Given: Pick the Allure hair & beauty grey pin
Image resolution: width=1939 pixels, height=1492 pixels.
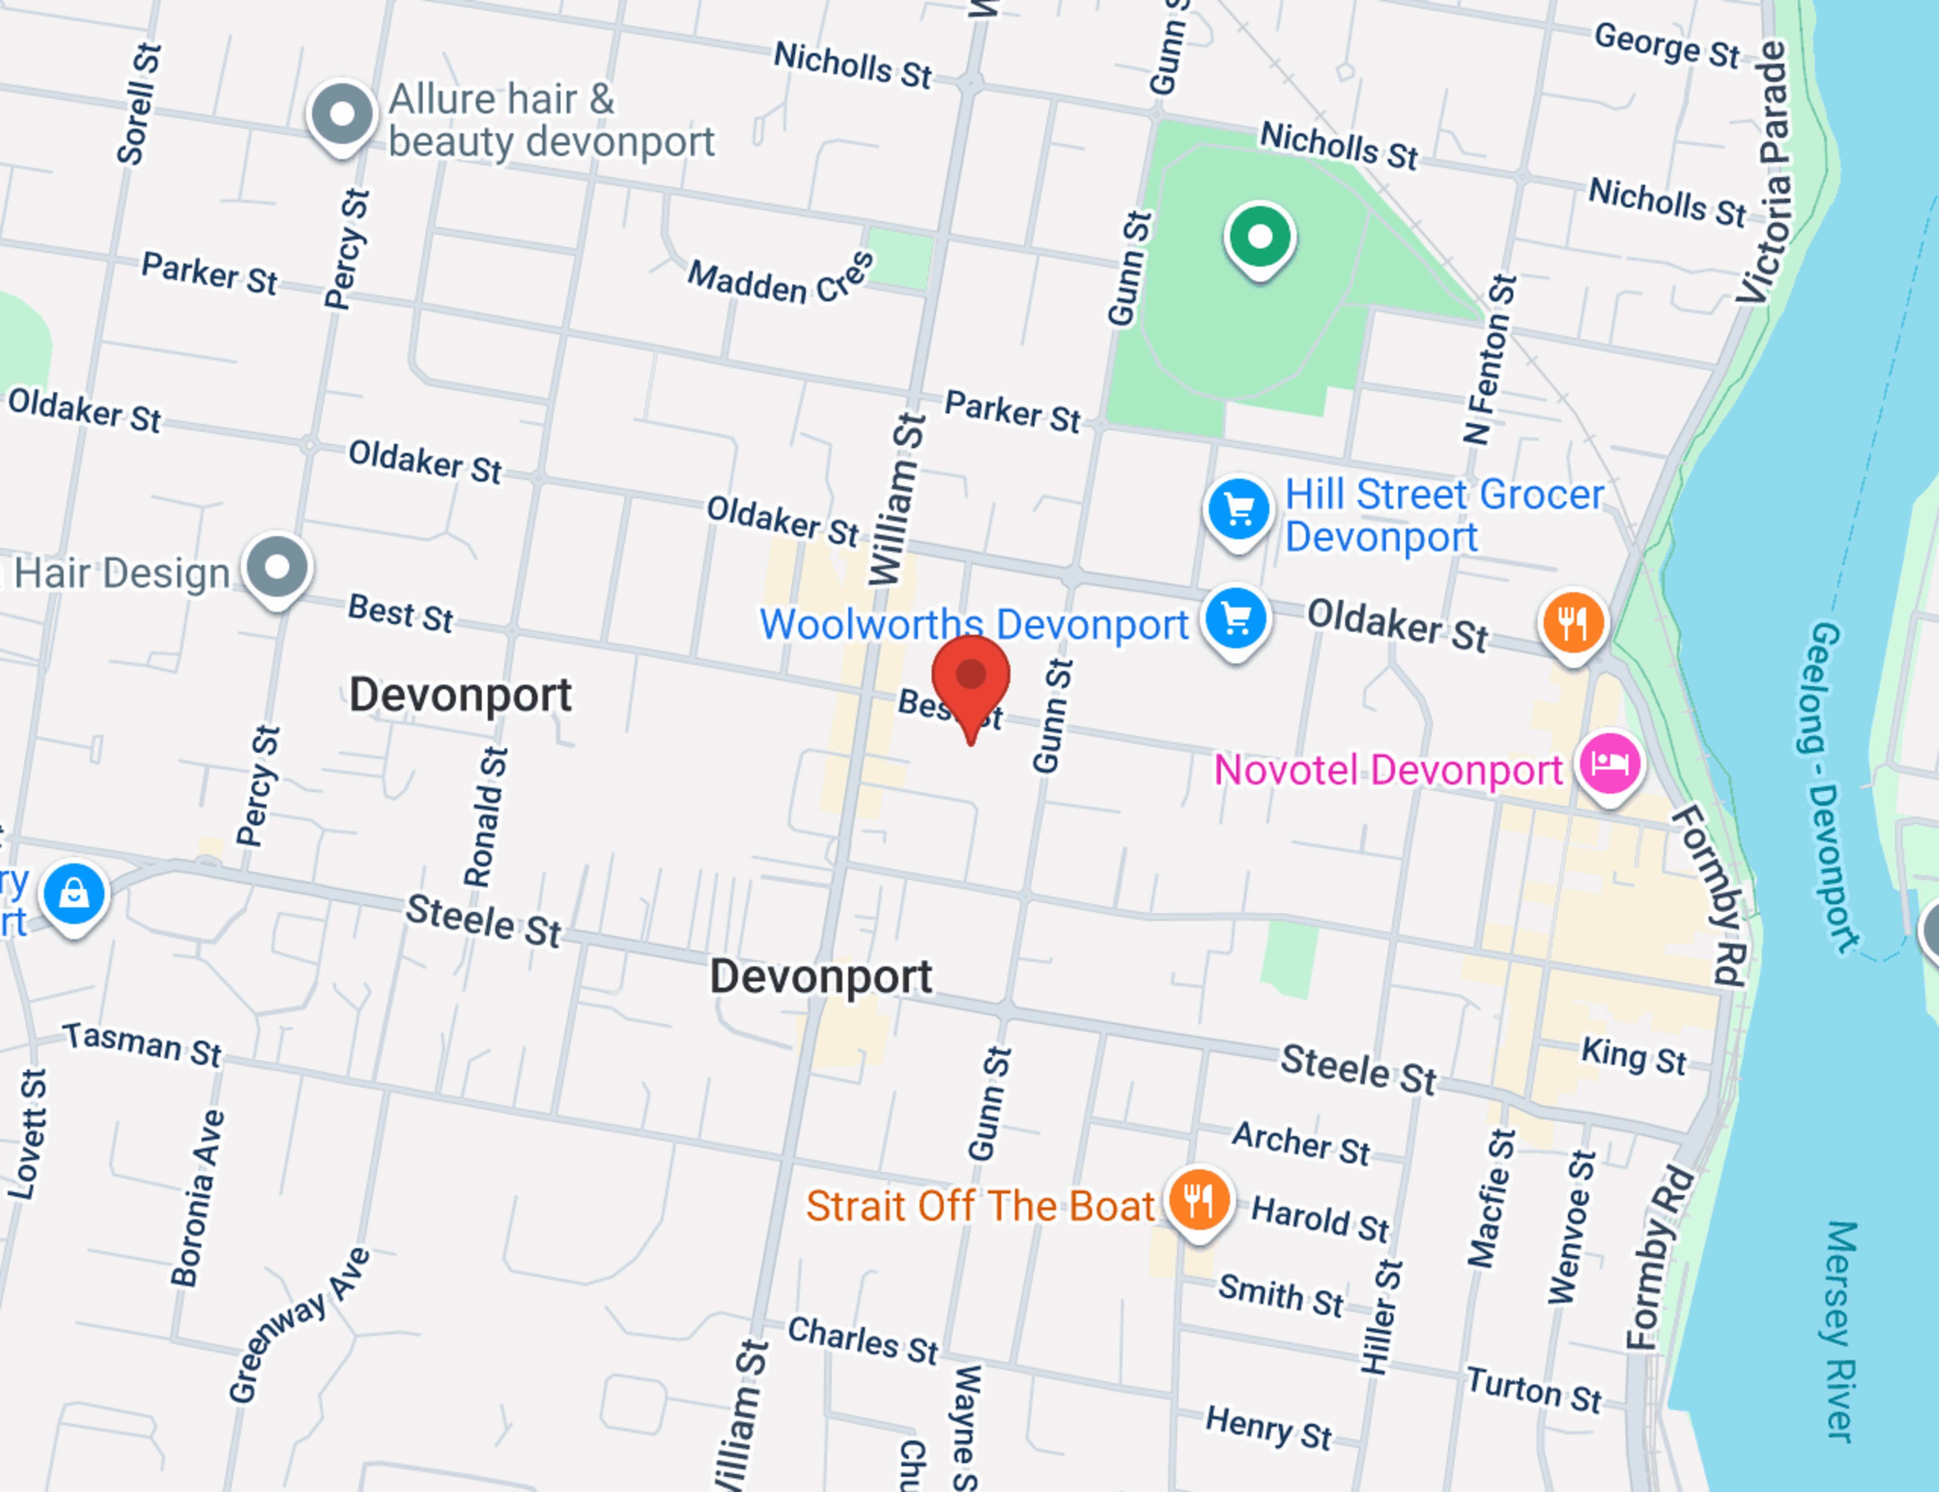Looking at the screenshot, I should (x=342, y=115).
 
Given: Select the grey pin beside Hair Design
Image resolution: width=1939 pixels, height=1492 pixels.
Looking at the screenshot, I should (x=278, y=567).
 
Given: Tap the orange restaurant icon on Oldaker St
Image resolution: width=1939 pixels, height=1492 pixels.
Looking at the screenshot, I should (x=1572, y=622).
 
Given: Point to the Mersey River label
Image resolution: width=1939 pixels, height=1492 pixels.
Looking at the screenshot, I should (x=1840, y=1331).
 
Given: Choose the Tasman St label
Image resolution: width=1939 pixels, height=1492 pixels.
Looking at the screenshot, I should (x=142, y=1043).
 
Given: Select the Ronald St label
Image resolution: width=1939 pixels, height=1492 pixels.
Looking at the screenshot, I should (x=487, y=816).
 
